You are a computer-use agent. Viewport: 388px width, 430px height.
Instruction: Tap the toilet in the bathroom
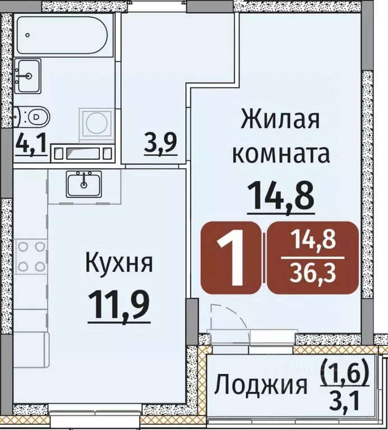[33, 117]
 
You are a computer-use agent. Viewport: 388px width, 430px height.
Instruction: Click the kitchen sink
[85, 182]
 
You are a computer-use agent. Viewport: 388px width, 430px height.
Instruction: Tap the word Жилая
[280, 119]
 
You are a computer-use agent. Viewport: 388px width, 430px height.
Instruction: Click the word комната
[280, 152]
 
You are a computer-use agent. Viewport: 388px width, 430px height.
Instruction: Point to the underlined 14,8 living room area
[280, 196]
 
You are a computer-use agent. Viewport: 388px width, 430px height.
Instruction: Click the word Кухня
[118, 261]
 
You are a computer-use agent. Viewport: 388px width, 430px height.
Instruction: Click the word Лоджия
[262, 386]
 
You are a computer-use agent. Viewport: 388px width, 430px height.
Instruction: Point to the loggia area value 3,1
[344, 401]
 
